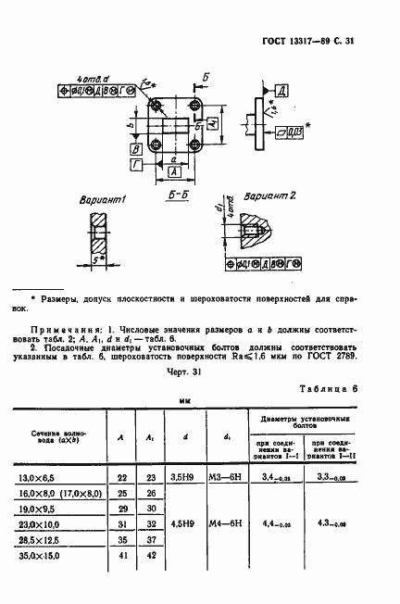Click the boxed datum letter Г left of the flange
[136, 163]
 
